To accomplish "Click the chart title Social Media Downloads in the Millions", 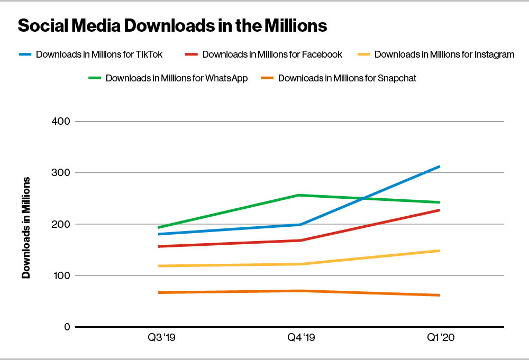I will tap(172, 25).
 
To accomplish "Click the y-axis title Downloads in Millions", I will tap(25, 227).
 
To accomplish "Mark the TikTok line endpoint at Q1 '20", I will tap(439, 167).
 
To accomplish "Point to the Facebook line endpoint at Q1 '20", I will tap(439, 210).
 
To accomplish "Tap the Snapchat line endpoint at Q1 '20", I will tap(439, 295).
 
